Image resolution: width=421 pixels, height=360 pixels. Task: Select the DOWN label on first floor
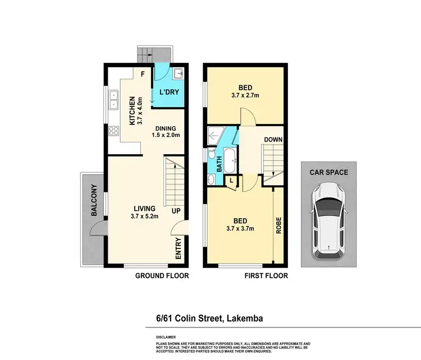pos(273,140)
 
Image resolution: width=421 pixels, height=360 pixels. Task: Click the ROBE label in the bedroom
pos(278,225)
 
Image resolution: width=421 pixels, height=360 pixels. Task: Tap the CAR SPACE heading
pos(328,173)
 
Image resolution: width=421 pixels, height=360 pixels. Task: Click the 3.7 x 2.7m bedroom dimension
pos(245,95)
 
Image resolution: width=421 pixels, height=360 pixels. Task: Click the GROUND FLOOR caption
pos(162,276)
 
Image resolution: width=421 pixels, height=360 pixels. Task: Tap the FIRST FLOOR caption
pos(266,276)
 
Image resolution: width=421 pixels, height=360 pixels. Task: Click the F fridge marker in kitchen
pos(143,73)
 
